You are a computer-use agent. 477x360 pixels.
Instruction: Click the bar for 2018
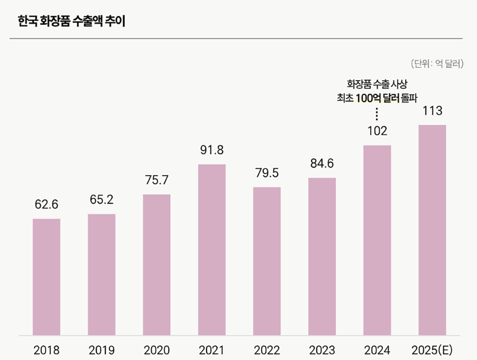pos(46,277)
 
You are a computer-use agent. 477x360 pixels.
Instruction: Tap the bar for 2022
pos(267,261)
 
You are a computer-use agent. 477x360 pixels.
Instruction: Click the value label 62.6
pos(46,205)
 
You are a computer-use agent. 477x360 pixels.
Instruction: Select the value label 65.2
pos(102,200)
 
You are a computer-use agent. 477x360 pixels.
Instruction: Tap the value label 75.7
pos(156,180)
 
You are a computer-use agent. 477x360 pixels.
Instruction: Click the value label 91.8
pos(212,150)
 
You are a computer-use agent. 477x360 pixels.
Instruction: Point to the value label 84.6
pos(321,164)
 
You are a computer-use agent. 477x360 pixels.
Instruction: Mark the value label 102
pos(377,131)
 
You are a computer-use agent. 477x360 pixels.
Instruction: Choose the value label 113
pos(432,111)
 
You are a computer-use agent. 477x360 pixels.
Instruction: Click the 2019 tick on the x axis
pos(102,350)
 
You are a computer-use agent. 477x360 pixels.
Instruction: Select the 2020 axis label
pos(156,350)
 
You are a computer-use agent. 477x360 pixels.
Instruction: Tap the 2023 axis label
pos(321,350)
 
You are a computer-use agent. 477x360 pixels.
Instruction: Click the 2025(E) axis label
pos(432,350)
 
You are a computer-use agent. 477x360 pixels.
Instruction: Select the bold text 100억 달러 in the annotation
pos(381,99)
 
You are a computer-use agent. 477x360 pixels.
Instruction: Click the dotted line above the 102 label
pos(377,114)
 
